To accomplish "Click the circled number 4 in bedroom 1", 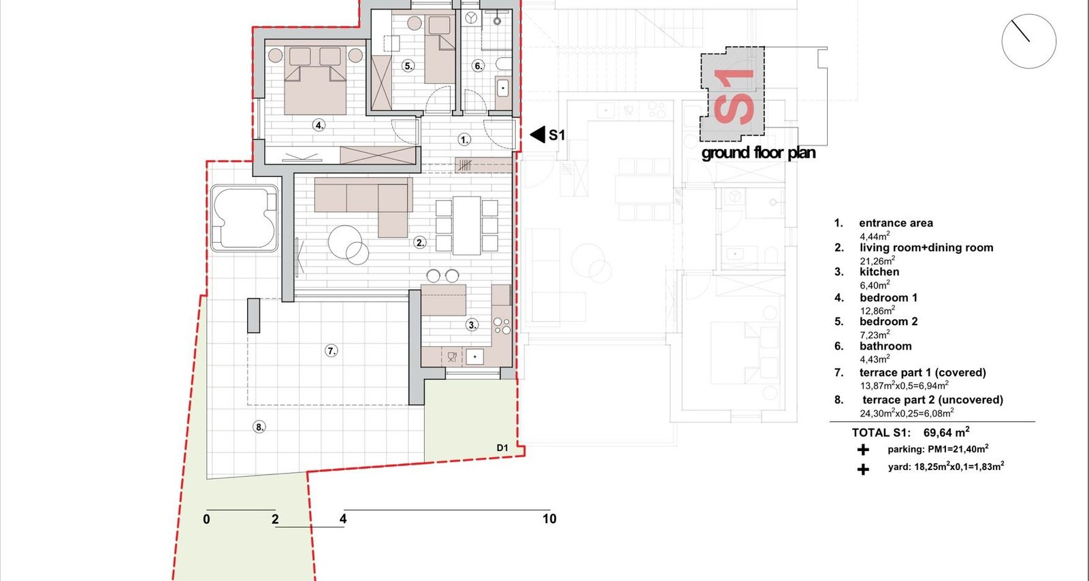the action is (319, 125).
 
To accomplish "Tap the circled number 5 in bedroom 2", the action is (408, 65).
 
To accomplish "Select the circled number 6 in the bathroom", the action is (478, 65).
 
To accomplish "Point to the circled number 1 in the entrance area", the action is (464, 140).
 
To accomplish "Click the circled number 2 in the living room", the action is (420, 242).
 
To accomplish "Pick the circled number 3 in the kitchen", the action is (472, 325).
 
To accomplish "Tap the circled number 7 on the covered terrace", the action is (331, 351).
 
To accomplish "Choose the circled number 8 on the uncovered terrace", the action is (259, 427).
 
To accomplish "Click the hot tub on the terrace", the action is (244, 218).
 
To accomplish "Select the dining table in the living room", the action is (467, 225).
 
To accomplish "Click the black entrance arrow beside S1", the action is (537, 135).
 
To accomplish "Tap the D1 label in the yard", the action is (502, 448).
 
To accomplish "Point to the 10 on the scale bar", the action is (549, 519).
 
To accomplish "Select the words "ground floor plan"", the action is (758, 153).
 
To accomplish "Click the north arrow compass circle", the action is (1028, 41).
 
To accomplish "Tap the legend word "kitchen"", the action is (879, 272).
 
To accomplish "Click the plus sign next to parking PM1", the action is (863, 450).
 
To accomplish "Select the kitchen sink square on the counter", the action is (475, 357).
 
